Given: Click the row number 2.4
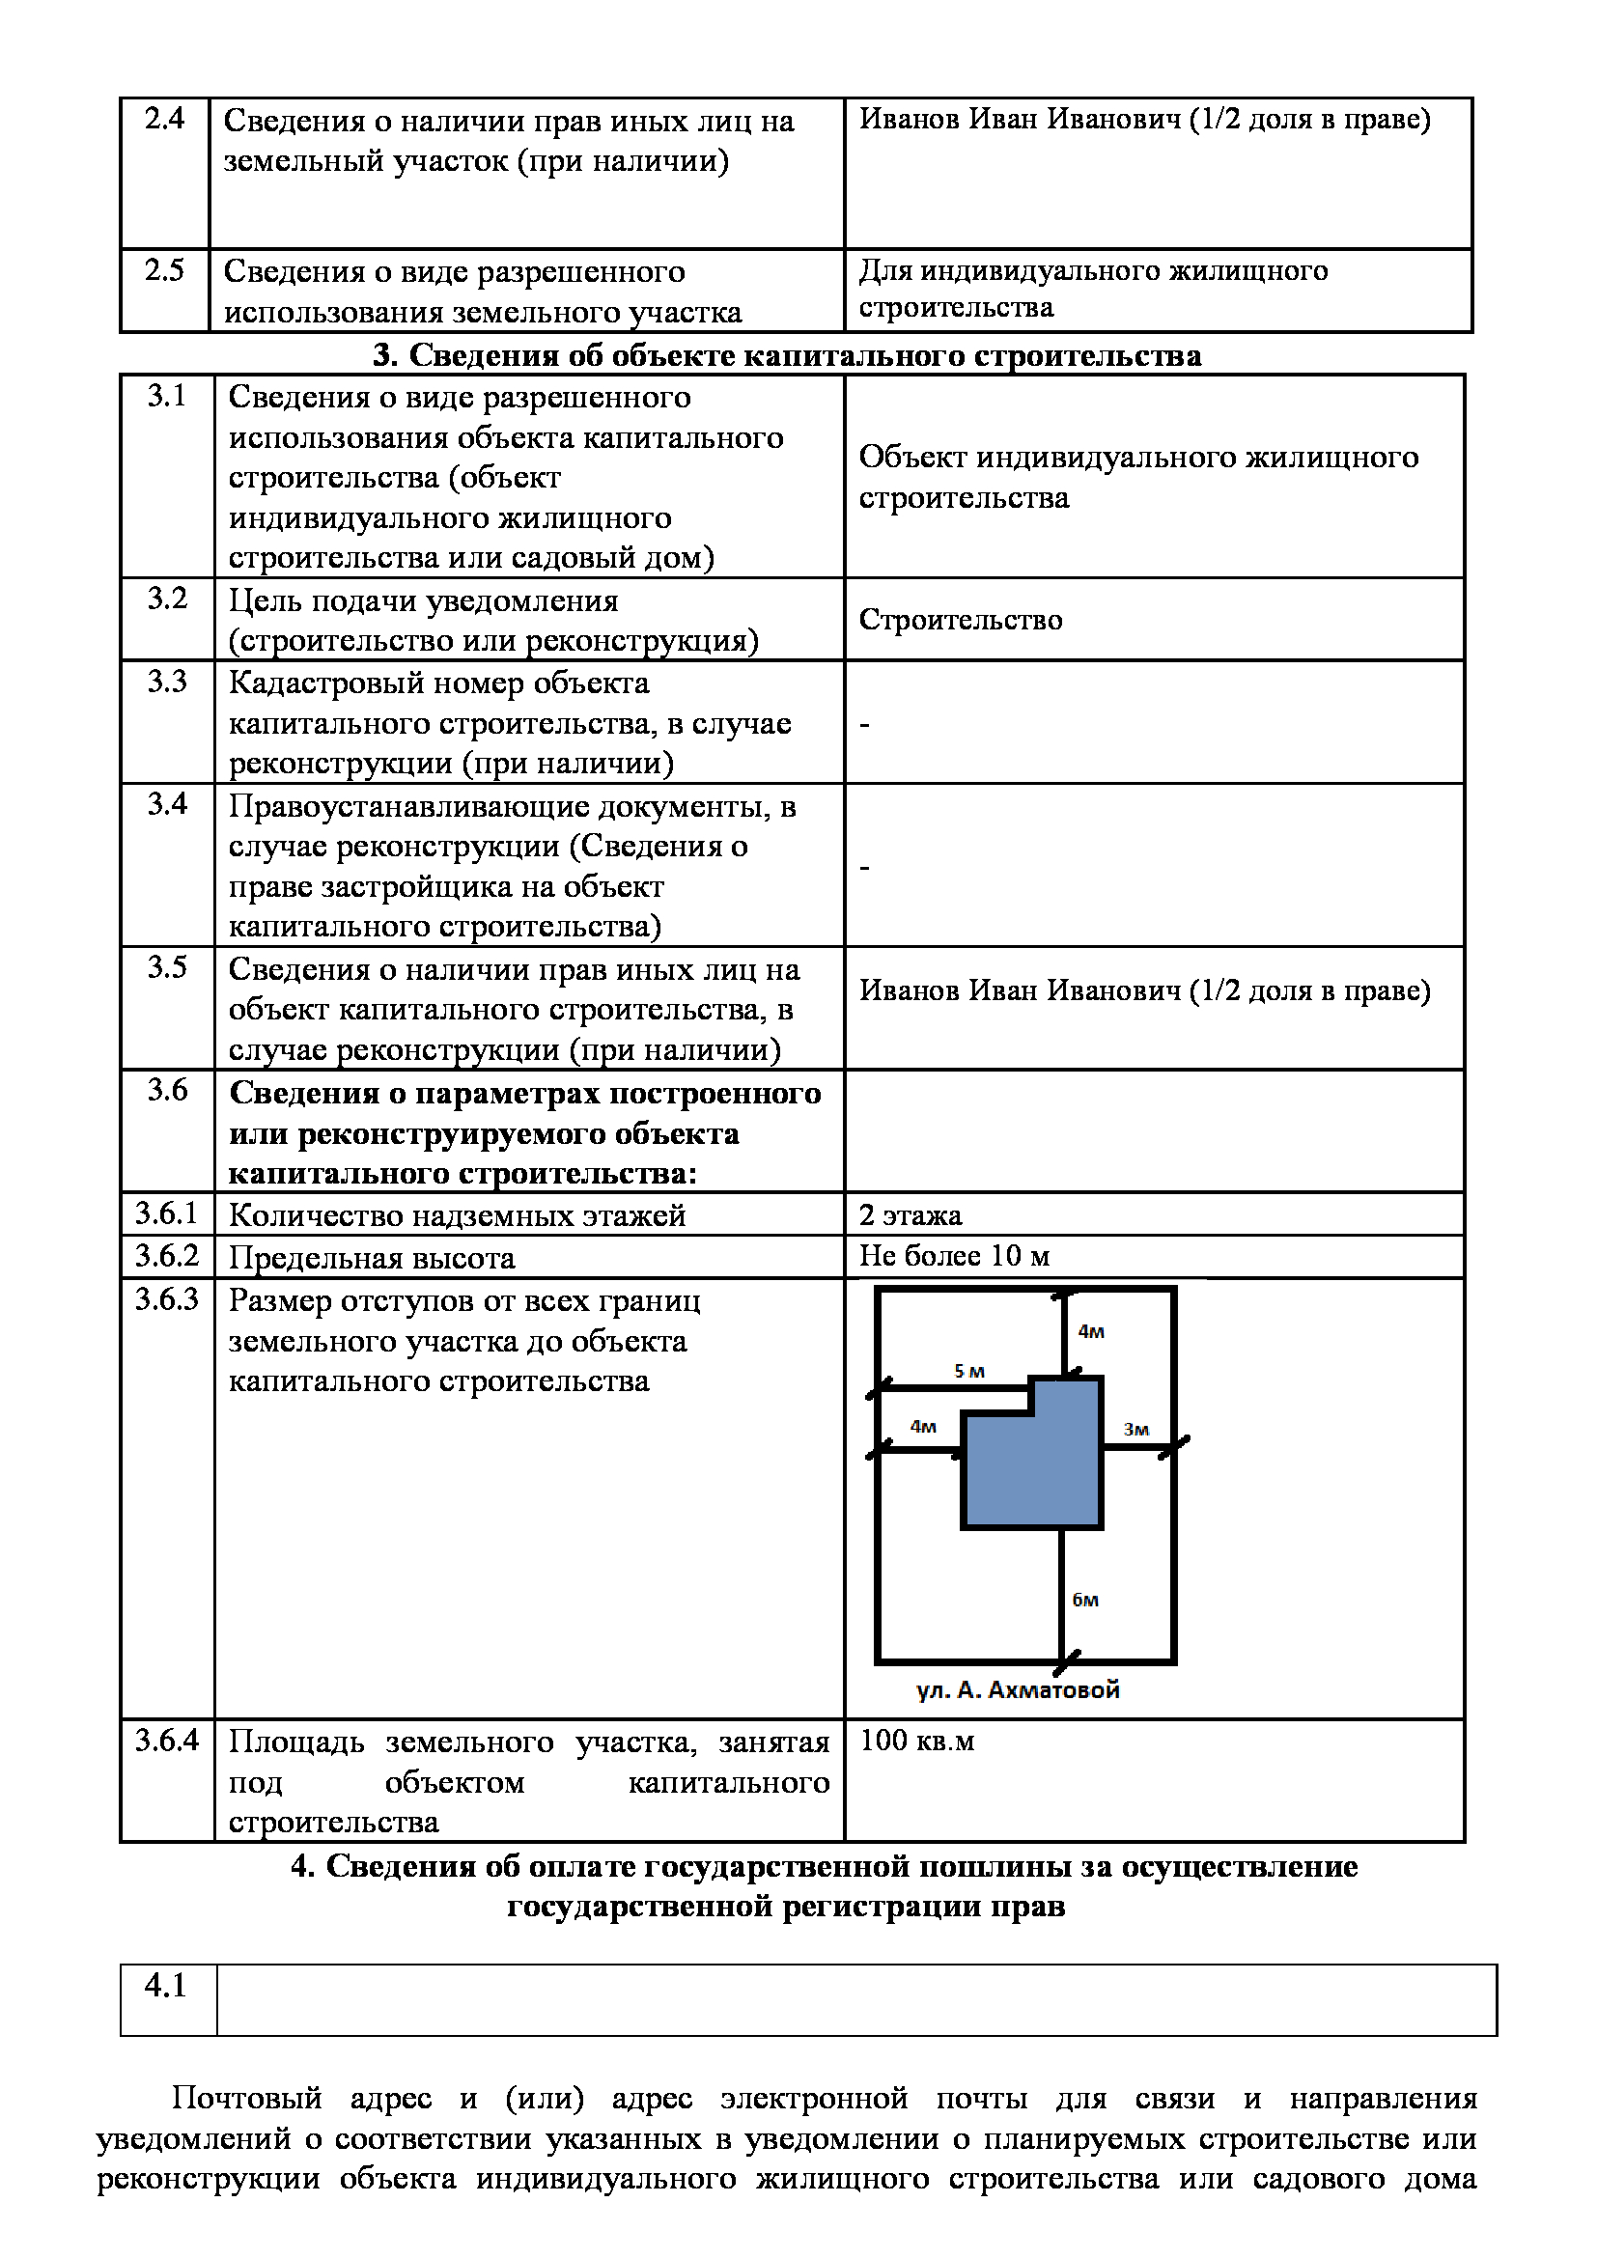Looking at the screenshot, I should click(164, 119).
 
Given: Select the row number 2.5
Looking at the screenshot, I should click(164, 269).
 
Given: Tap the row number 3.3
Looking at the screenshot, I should click(167, 682).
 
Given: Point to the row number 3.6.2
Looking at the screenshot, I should click(167, 1256).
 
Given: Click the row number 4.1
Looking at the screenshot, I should click(165, 1986).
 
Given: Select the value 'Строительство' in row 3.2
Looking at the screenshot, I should click(961, 620).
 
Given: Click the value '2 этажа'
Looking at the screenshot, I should click(911, 1215).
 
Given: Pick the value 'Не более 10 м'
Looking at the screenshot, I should click(955, 1256).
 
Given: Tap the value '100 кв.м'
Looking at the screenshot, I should click(917, 1740).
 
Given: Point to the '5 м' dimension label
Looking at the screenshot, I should click(969, 1371).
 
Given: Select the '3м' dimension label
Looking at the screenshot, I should click(1136, 1429).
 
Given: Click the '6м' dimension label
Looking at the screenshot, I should click(1085, 1600).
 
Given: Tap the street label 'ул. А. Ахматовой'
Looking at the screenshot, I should click(1018, 1689).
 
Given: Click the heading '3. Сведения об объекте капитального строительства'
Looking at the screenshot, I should click(787, 355).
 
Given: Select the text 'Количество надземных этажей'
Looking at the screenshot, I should click(458, 1215).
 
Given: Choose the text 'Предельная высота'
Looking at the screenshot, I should click(372, 1258).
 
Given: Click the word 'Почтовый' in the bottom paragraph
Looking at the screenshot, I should click(247, 2098).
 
